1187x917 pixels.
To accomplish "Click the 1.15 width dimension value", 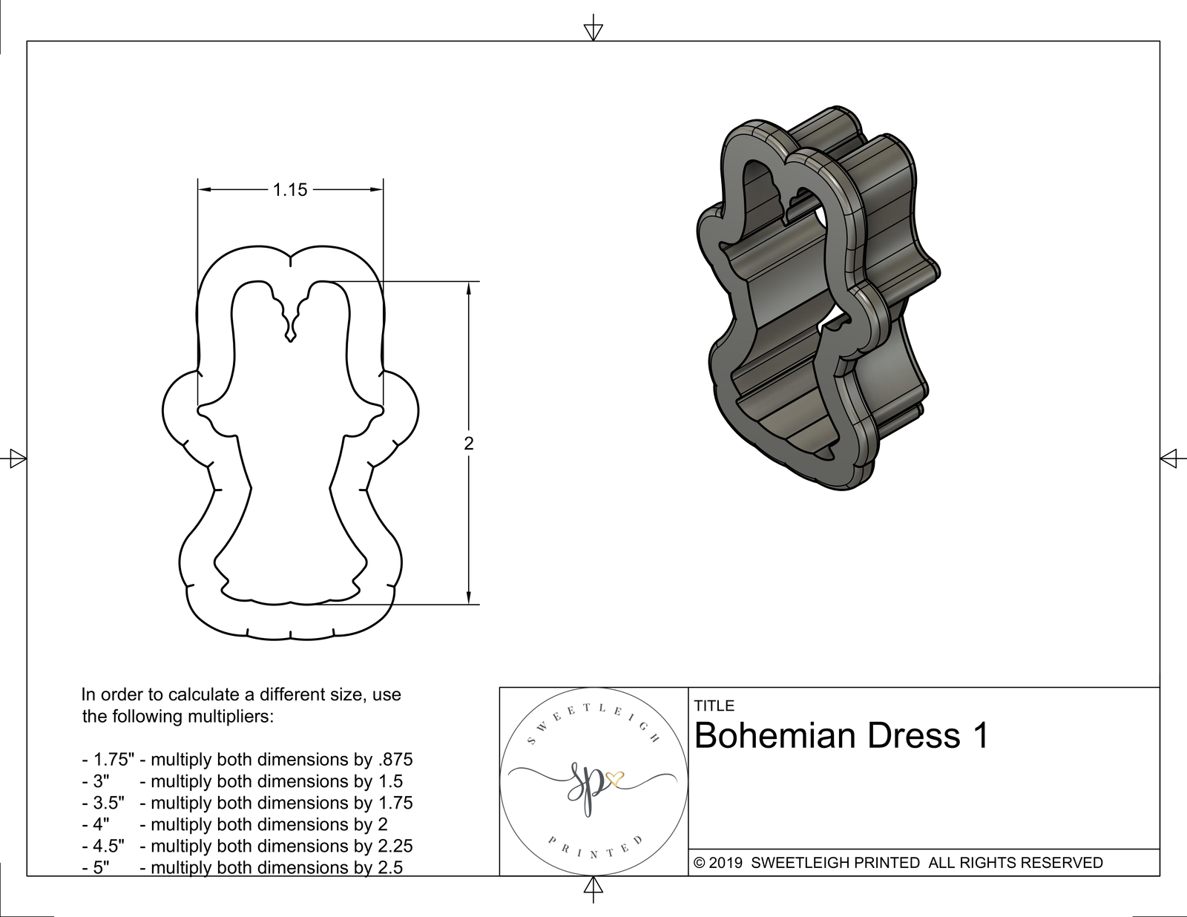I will [289, 190].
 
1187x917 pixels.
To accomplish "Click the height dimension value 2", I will [468, 444].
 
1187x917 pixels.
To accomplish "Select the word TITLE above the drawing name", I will [714, 706].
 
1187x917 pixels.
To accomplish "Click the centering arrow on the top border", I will [593, 30].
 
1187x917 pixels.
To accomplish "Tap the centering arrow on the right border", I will [1169, 458].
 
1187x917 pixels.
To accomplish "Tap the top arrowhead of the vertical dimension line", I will [468, 288].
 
